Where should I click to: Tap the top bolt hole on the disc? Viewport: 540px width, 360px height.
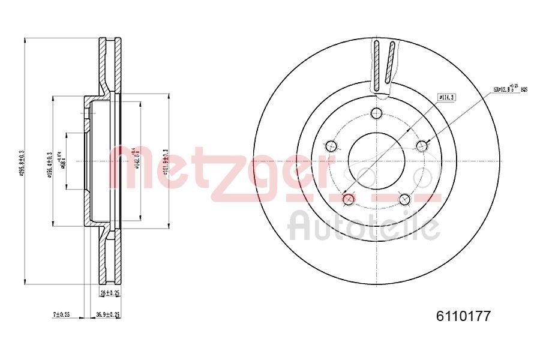[376, 113]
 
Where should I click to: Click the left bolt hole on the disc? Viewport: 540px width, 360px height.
[330, 145]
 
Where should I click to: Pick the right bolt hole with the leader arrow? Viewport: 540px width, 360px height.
[422, 145]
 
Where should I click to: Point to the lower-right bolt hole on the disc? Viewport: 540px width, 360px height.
[404, 199]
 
